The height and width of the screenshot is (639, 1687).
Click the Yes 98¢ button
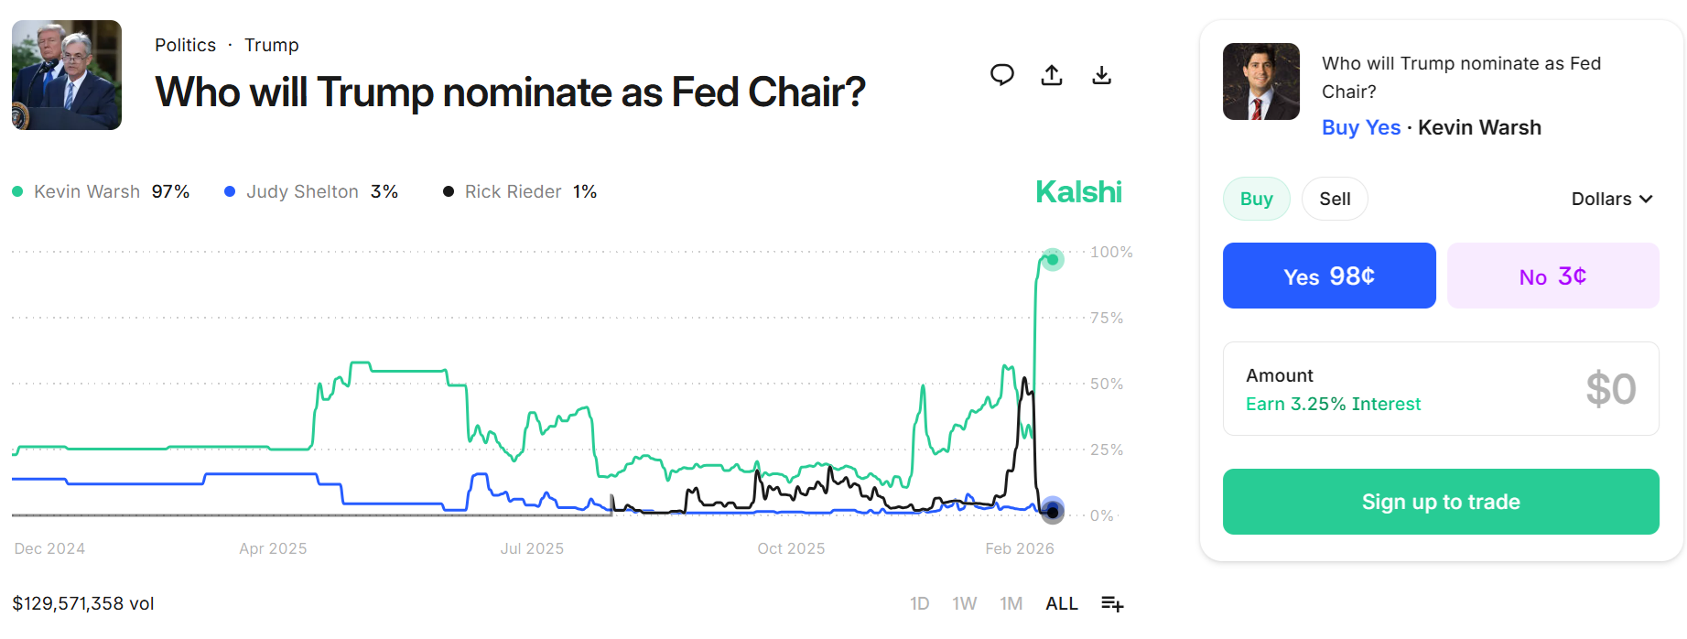click(x=1328, y=276)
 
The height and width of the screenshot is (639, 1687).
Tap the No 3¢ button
click(x=1552, y=276)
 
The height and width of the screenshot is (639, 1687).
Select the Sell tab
click(x=1334, y=199)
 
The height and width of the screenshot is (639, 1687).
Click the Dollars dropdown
click(x=1611, y=199)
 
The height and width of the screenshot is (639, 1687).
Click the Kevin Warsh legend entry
click(x=101, y=191)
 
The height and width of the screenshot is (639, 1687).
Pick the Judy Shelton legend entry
click(x=311, y=191)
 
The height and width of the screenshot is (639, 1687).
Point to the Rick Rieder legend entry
click(x=520, y=191)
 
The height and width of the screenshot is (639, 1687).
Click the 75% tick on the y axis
click(x=1106, y=318)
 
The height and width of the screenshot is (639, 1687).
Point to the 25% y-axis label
click(x=1106, y=449)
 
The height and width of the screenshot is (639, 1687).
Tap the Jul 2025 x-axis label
click(x=532, y=548)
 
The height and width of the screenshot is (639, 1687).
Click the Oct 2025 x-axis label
click(x=791, y=548)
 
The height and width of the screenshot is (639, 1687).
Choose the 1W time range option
click(x=964, y=603)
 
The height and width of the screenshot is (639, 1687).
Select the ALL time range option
click(x=1061, y=603)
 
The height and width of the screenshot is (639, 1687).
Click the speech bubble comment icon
click(x=1002, y=75)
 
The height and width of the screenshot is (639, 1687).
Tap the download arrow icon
click(x=1101, y=75)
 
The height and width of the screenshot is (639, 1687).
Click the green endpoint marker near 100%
click(x=1053, y=260)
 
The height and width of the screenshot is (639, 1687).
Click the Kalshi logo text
click(x=1078, y=191)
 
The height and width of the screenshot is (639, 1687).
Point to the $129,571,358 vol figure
click(x=83, y=603)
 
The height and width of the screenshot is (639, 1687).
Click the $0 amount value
click(x=1610, y=389)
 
